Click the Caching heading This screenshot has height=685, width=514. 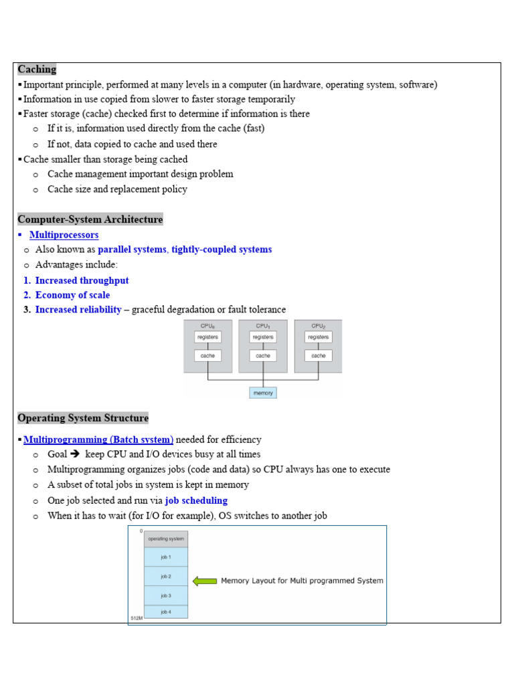click(x=37, y=70)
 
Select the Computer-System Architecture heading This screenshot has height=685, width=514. click(x=90, y=219)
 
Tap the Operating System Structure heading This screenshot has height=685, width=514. click(x=83, y=418)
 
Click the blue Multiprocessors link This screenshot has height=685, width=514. click(x=64, y=235)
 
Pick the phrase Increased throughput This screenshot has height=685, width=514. click(x=82, y=280)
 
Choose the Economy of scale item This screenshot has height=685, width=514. click(x=72, y=295)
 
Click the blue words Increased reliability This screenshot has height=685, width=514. click(x=78, y=310)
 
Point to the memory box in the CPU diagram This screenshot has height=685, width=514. click(x=263, y=393)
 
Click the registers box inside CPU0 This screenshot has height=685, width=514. click(x=207, y=337)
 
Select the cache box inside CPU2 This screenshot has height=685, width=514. click(x=319, y=356)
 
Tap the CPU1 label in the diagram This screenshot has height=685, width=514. click(x=263, y=326)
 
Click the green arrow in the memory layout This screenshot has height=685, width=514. click(x=205, y=581)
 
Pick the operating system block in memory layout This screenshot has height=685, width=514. click(x=166, y=539)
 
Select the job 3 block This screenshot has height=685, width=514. click(x=166, y=595)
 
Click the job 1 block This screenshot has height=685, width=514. click(x=166, y=557)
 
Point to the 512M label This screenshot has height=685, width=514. click(x=136, y=618)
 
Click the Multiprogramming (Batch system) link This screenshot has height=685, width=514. click(x=98, y=439)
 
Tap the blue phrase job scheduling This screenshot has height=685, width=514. click(x=196, y=500)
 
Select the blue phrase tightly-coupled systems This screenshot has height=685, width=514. click(x=222, y=250)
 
